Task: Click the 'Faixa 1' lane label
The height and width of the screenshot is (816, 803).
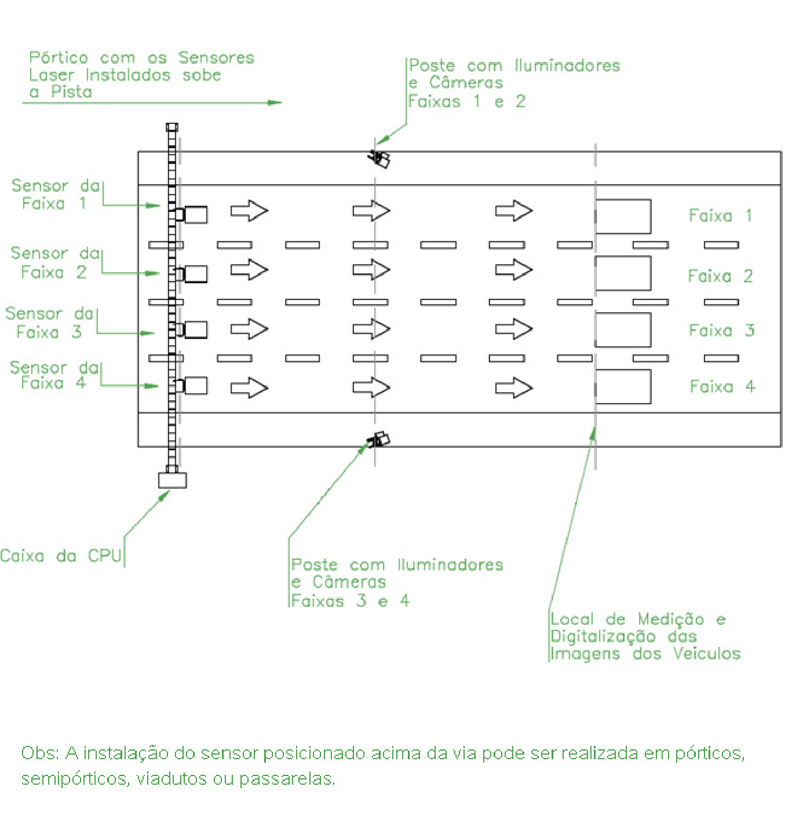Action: point(720,215)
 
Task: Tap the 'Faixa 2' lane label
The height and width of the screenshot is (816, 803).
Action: point(720,276)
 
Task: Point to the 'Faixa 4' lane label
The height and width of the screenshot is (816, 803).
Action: point(722,387)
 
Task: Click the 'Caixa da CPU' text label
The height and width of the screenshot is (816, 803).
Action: point(61,555)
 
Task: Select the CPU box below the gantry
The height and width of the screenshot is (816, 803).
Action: point(173,480)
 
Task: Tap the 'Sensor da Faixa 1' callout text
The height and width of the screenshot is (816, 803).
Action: point(55,195)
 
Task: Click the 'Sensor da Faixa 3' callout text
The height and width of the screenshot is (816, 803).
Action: point(49,323)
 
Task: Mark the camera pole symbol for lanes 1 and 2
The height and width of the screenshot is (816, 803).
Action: point(379,158)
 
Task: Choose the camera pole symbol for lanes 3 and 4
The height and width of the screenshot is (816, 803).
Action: point(379,440)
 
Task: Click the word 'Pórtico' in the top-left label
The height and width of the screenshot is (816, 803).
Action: point(59,57)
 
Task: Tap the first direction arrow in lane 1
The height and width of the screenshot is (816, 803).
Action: point(249,210)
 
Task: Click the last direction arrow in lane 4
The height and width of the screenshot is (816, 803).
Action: point(513,387)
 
